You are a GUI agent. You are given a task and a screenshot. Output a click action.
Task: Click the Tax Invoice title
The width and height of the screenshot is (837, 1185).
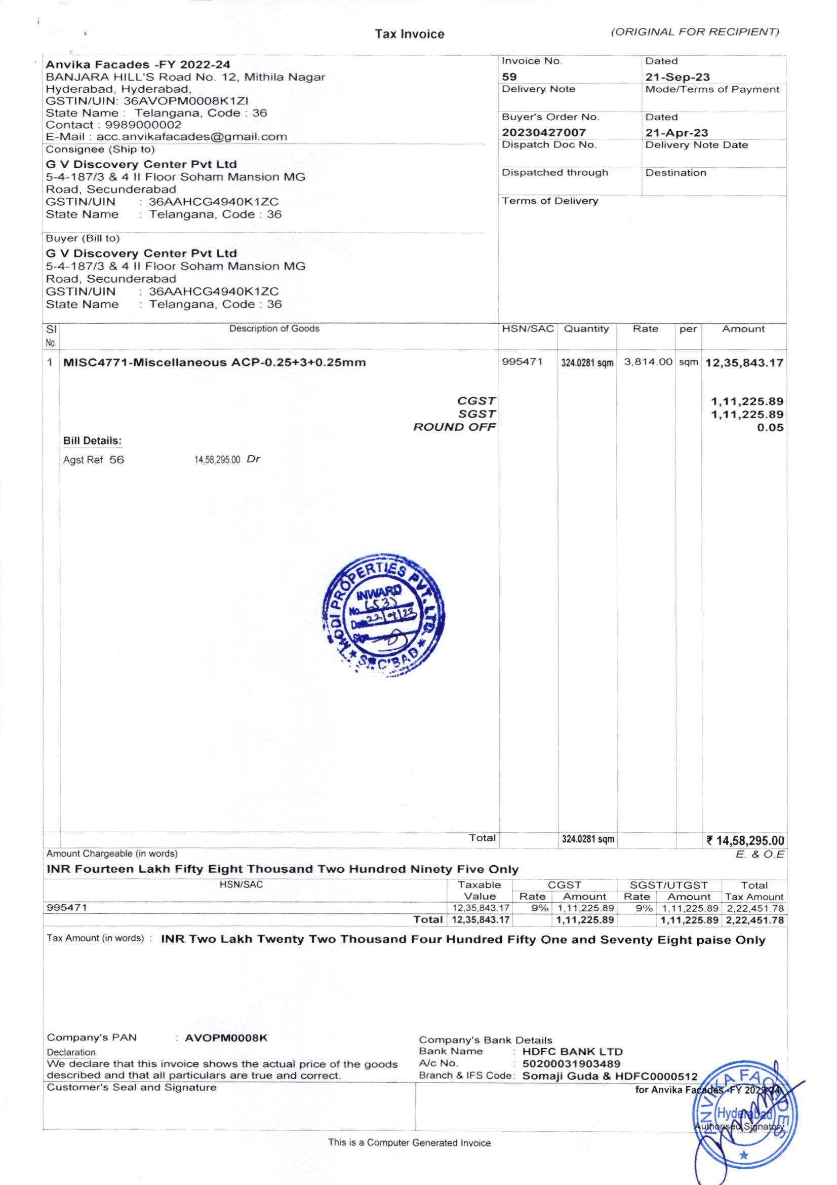409,34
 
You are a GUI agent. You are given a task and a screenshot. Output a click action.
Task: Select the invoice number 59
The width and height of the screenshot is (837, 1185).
509,77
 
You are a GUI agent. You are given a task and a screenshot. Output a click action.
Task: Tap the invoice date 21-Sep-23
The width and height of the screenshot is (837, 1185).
677,77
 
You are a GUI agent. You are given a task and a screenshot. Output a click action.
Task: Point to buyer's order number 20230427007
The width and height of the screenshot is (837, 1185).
543,133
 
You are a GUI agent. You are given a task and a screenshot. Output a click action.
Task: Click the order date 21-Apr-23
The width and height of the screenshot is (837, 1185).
676,133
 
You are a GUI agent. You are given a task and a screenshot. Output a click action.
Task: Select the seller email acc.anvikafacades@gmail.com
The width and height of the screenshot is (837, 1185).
191,137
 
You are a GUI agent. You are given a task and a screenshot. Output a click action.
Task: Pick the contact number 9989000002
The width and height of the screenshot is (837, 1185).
143,125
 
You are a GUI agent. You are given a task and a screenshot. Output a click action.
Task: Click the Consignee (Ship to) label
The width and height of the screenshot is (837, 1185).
100,150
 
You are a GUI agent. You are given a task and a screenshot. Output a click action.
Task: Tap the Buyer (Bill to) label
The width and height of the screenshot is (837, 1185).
83,238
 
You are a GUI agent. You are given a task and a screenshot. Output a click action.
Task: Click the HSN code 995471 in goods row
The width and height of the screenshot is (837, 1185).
522,362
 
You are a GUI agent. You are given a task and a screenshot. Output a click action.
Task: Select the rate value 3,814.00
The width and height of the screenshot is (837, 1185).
648,362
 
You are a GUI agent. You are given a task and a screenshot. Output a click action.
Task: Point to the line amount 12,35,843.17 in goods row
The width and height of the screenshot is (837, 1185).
744,363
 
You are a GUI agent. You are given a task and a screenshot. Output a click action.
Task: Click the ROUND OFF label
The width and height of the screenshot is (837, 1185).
454,427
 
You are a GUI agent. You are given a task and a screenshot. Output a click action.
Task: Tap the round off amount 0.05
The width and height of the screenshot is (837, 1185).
770,428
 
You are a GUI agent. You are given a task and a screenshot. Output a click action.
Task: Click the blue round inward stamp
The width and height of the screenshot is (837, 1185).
383,616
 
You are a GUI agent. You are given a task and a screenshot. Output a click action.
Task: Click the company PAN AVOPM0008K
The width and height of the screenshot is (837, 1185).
226,1038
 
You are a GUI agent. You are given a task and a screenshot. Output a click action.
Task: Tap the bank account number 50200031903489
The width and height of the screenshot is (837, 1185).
571,1064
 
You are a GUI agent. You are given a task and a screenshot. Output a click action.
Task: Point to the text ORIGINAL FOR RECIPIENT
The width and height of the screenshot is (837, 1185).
695,32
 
